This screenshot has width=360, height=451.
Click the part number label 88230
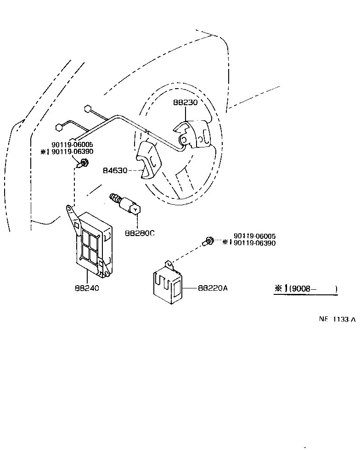coord(185,102)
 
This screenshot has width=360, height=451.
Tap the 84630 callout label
coord(115,170)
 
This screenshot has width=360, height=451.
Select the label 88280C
coord(140,233)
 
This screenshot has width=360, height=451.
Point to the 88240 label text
coord(87,288)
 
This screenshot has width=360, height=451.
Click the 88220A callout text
coord(213,288)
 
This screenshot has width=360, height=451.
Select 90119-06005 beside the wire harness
coord(73,145)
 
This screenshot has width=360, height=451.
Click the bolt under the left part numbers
coord(84,162)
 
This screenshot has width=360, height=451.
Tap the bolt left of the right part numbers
coord(209,240)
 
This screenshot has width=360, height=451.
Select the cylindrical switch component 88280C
coord(127,205)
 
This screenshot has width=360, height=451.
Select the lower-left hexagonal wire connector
coord(59,127)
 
